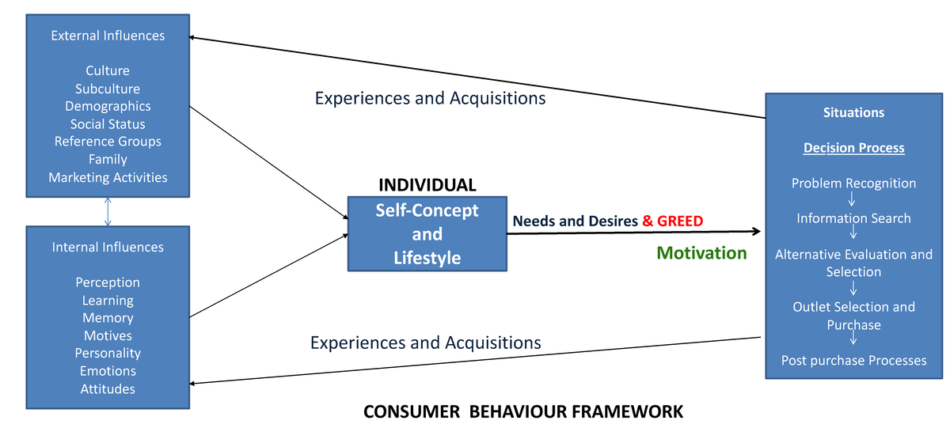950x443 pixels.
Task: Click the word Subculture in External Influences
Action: [x=108, y=89]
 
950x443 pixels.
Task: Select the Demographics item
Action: [x=108, y=106]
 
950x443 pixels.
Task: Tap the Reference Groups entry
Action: [x=108, y=142]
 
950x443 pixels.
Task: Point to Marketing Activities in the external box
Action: [x=108, y=177]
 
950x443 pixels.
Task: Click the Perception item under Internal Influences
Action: [x=108, y=282]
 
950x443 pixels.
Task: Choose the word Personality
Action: [x=108, y=353]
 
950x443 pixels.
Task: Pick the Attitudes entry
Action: [x=108, y=388]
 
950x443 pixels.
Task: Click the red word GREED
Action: [x=681, y=221]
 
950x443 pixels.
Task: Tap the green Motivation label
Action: [x=701, y=253]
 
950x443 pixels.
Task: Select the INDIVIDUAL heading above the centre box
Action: [x=427, y=185]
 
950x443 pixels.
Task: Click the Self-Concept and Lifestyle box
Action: [x=427, y=234]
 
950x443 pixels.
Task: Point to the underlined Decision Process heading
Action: [x=853, y=148]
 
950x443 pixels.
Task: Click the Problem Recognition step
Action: [x=853, y=184]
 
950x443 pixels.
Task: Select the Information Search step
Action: [x=853, y=218]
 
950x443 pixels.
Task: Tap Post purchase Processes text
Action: [x=853, y=361]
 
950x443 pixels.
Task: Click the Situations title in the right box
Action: [x=853, y=112]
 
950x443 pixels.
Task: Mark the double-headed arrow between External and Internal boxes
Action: [x=108, y=211]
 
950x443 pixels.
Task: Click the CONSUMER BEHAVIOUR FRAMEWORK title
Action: [x=522, y=412]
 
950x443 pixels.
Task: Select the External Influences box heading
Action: [x=108, y=36]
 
